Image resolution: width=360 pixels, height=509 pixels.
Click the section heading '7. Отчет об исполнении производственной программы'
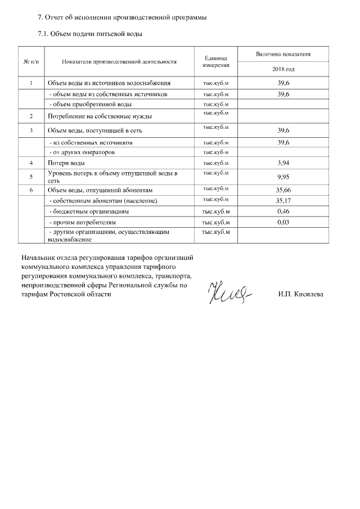121,17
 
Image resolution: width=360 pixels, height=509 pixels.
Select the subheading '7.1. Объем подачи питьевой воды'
89,34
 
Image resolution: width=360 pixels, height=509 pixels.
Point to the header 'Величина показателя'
283,54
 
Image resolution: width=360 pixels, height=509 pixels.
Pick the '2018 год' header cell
283,69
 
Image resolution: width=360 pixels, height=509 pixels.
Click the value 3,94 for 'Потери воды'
283,163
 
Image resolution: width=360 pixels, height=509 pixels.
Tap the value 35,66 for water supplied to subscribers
283,190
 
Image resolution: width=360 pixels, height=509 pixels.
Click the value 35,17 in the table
283,200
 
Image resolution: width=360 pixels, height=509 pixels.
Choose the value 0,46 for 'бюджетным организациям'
283,211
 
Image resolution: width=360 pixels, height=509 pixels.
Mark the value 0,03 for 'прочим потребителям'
283,222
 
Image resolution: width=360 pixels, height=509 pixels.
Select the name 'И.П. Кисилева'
301,294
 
